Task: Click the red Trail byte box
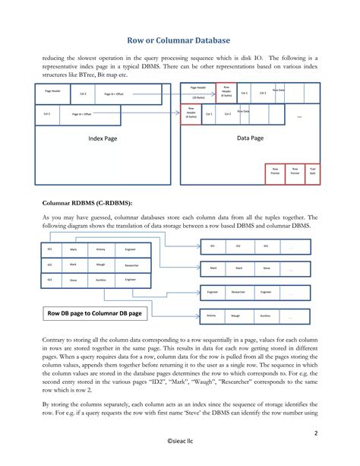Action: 313,172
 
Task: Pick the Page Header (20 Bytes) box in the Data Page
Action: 201,92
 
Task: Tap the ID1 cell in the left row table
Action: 49,249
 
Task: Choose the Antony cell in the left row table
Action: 100,249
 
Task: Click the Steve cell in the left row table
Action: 73,281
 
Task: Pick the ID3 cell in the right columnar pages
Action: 265,246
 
